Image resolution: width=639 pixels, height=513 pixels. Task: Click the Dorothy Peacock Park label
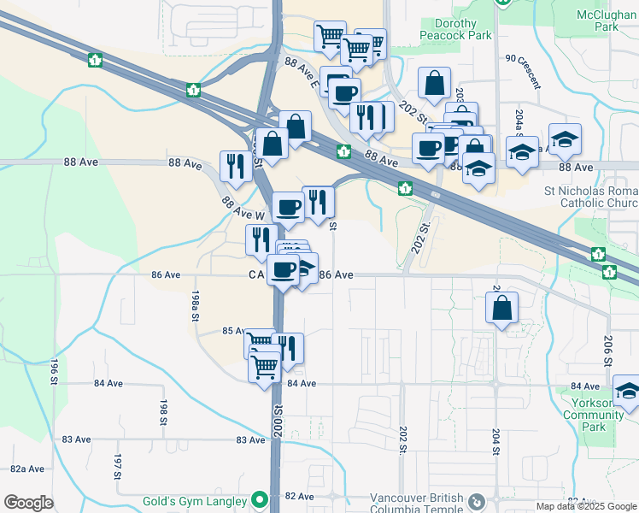click(x=455, y=30)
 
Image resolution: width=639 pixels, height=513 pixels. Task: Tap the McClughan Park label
click(x=607, y=21)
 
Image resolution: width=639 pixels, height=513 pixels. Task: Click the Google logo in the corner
click(x=28, y=503)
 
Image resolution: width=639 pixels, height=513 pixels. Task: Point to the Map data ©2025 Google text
click(x=585, y=506)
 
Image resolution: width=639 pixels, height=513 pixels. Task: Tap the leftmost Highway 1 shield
click(x=96, y=60)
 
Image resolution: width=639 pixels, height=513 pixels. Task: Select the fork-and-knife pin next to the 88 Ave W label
click(x=235, y=165)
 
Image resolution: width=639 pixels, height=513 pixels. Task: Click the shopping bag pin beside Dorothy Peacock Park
click(x=434, y=83)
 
